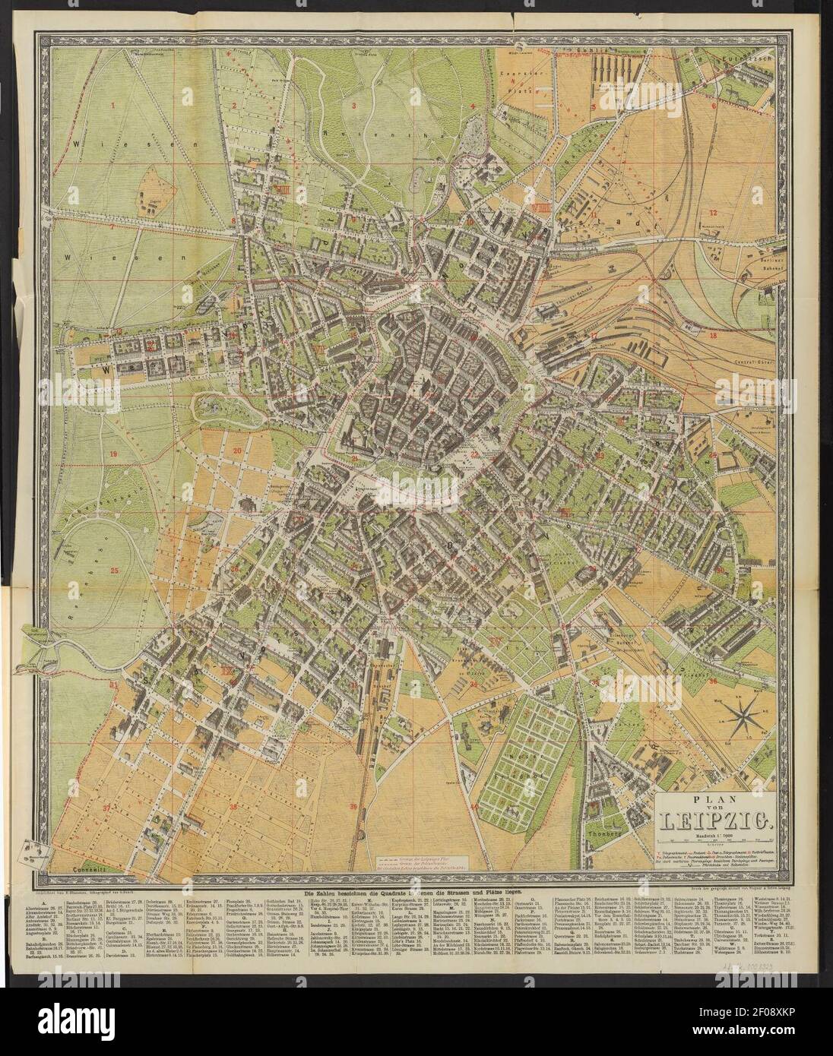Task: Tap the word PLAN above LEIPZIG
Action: pos(713,803)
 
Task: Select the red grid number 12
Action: pos(713,212)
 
